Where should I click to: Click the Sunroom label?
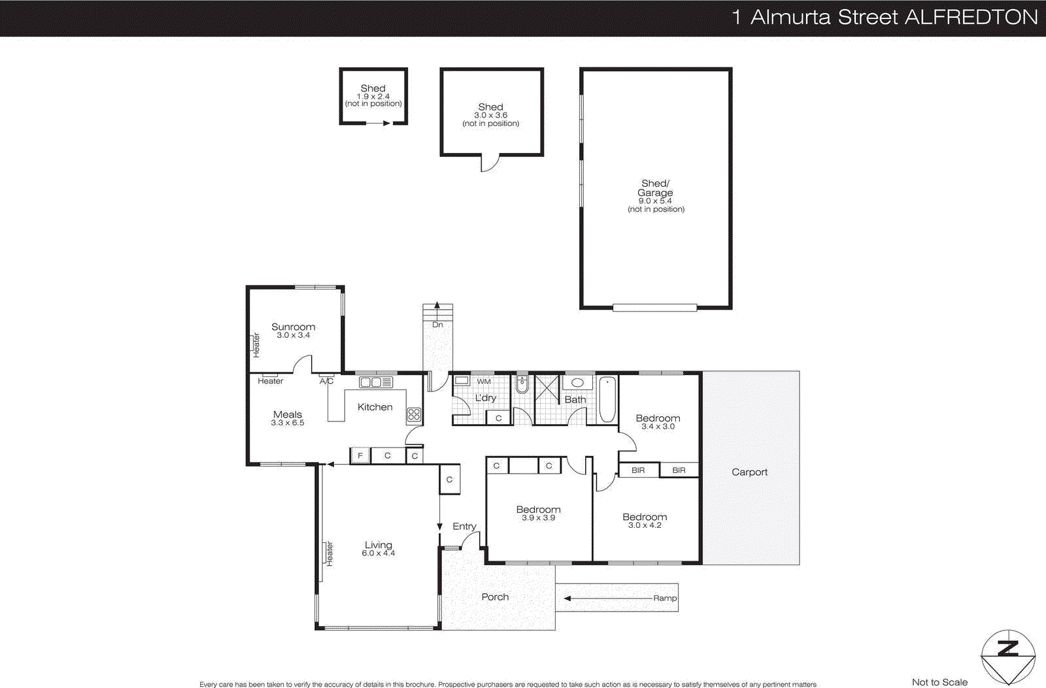(293, 327)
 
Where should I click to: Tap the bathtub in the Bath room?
(607, 399)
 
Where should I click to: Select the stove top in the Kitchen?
(414, 414)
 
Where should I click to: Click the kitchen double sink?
(376, 382)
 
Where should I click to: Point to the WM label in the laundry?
(484, 382)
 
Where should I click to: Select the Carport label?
(749, 472)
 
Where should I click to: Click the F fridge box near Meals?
(360, 455)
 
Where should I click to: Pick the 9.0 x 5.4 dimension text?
(655, 201)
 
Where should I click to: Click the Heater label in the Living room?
(329, 553)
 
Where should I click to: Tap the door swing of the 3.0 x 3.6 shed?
(489, 163)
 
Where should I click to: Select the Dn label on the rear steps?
(437, 325)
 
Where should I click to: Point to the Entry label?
(464, 526)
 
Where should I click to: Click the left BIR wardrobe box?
(638, 470)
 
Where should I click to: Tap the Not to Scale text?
(939, 681)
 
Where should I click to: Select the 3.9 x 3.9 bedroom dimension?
(538, 517)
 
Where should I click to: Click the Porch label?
(495, 597)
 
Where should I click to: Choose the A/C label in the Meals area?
(326, 381)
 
